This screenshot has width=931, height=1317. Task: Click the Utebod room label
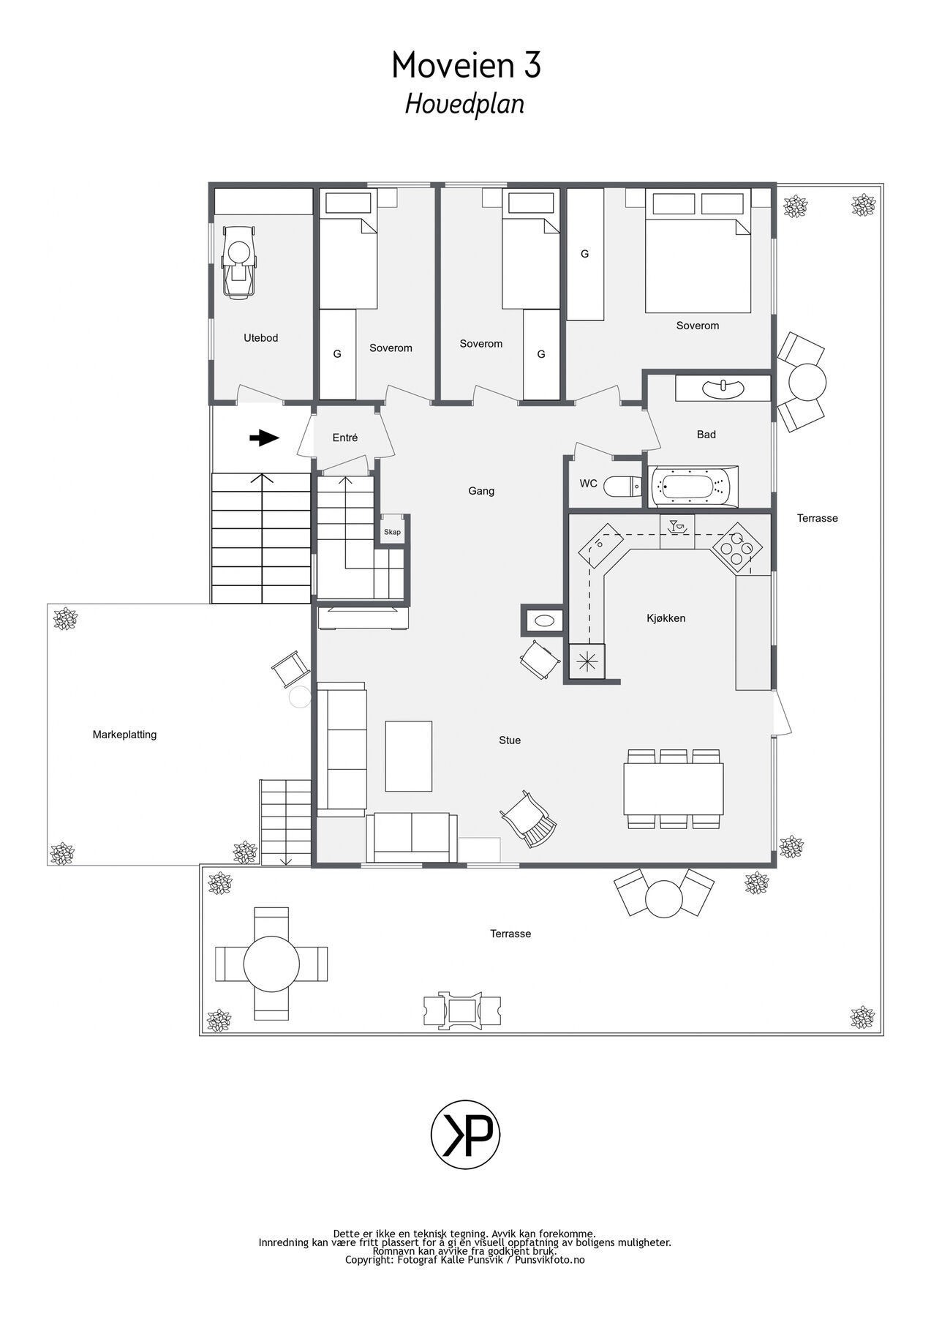pos(261,338)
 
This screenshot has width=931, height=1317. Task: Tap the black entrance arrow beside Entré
pos(264,438)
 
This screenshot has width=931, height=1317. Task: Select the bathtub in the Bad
pos(692,486)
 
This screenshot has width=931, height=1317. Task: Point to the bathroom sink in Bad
pos(723,388)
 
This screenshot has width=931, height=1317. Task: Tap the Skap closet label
pos(393,532)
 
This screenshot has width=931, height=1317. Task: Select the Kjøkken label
pos(666,618)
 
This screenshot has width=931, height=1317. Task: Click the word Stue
pos(510,740)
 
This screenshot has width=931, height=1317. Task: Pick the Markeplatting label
pos(124,735)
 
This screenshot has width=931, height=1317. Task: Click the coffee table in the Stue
pos(409,756)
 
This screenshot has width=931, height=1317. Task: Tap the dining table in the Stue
pos(674,789)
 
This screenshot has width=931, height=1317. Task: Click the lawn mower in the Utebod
pos(239,261)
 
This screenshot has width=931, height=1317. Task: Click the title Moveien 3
pos(466,66)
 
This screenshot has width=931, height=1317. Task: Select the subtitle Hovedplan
pos(465,104)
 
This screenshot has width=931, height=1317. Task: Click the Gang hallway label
pos(481,491)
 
